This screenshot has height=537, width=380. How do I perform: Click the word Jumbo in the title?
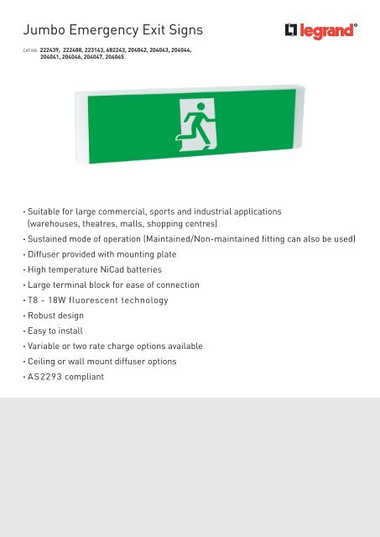coord(47,31)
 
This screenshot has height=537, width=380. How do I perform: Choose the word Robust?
coord(44,315)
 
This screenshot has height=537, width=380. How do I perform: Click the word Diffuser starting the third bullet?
coord(47,255)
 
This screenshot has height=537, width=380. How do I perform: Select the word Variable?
coord(48,346)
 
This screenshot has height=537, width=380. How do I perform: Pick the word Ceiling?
coord(45,361)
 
